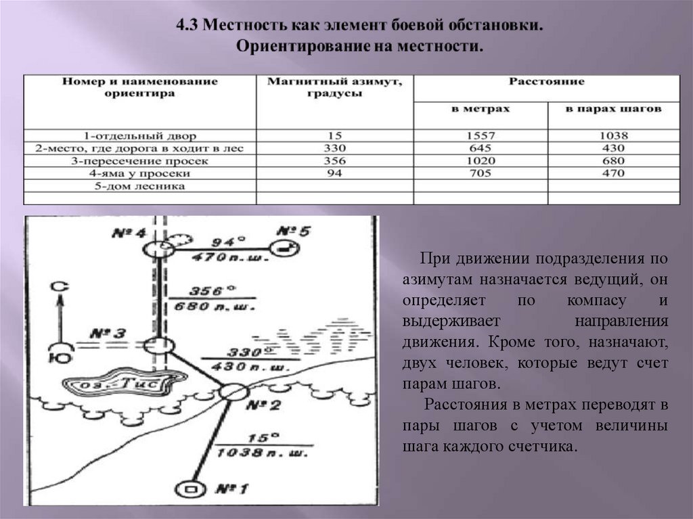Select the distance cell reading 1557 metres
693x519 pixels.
click(x=480, y=135)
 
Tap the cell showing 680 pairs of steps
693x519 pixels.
click(x=614, y=161)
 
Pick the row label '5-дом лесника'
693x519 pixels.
click(x=139, y=185)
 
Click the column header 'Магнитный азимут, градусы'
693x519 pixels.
click(x=335, y=88)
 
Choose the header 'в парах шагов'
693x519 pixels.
click(x=614, y=108)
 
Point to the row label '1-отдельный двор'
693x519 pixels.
click(x=139, y=135)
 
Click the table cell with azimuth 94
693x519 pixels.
click(x=335, y=173)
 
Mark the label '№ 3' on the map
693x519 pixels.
click(x=106, y=334)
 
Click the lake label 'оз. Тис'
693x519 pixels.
click(x=120, y=384)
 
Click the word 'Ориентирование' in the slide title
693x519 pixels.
click(x=295, y=47)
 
